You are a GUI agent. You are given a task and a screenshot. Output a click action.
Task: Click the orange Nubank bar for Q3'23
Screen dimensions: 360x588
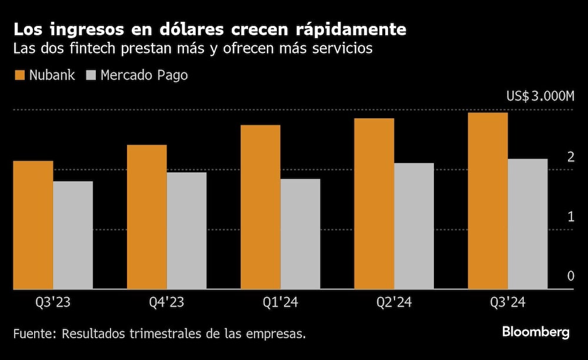point(33,225)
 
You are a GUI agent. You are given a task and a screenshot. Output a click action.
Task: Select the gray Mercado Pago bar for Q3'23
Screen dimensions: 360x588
point(73,235)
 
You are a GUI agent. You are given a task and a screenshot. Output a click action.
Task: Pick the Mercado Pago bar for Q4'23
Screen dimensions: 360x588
point(186,231)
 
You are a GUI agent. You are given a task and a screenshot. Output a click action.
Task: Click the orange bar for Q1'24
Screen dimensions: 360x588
point(260,206)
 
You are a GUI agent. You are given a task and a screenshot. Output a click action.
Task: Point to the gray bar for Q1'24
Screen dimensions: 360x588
point(300,234)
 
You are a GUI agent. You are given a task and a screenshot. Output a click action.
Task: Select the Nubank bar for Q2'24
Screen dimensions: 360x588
point(374,204)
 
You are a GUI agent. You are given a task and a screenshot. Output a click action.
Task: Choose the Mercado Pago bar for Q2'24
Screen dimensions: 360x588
point(414,226)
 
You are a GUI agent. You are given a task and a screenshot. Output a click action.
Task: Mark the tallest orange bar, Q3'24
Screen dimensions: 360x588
point(487,201)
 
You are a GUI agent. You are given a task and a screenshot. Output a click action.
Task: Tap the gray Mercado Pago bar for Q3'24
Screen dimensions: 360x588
point(527,224)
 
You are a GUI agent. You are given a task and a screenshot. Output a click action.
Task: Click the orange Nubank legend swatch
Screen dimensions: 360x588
point(19,75)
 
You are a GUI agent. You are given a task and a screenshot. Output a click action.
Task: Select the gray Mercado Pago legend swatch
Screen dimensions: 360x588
point(92,75)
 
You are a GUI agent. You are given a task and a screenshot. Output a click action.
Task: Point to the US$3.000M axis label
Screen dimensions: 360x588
point(540,96)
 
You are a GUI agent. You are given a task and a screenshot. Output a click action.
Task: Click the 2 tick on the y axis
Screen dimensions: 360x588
point(570,156)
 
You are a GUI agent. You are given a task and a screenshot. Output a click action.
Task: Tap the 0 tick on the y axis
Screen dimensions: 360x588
point(570,276)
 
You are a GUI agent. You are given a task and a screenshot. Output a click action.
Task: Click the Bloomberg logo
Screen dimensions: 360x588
point(536,332)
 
